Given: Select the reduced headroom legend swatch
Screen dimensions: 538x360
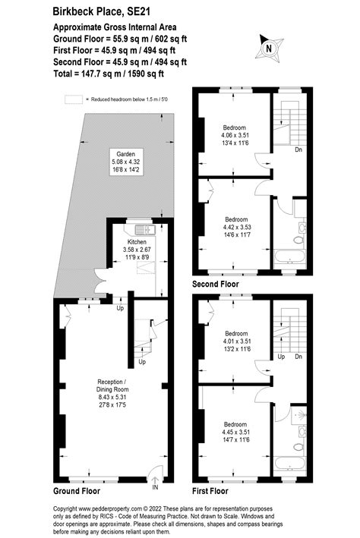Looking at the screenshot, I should (x=73, y=99).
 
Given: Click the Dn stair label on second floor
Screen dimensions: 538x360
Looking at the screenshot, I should (x=298, y=149).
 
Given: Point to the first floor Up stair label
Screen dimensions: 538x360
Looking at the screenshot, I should (x=280, y=357).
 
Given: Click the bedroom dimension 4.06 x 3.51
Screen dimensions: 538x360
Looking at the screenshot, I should (x=236, y=137).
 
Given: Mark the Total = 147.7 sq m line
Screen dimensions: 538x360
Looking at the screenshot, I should (x=109, y=74).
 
